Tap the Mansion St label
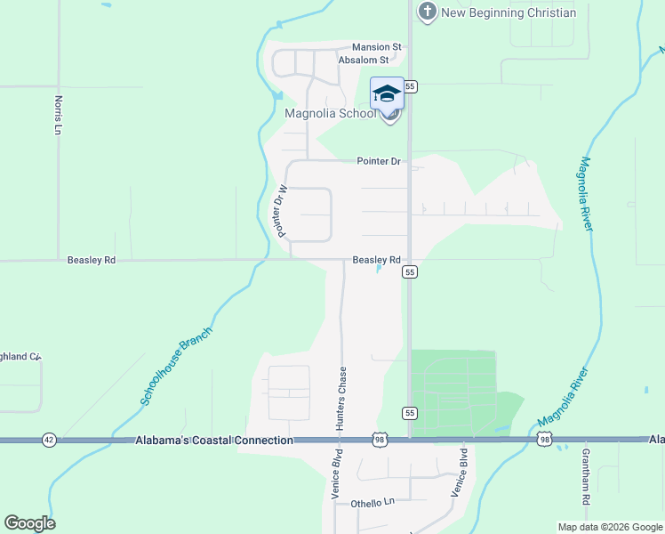point(377,47)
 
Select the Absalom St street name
point(364,61)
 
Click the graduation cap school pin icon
point(387,93)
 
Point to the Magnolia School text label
point(330,113)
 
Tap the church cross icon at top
point(428,12)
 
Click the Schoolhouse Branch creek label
point(176,366)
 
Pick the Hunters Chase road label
point(341,398)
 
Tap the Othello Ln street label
point(372,502)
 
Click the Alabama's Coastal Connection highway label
point(214,441)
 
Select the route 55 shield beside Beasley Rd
point(410,273)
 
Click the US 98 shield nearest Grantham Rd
point(544,441)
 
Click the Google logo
point(29,523)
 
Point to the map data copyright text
point(609,527)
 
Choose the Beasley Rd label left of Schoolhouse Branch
point(92,261)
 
